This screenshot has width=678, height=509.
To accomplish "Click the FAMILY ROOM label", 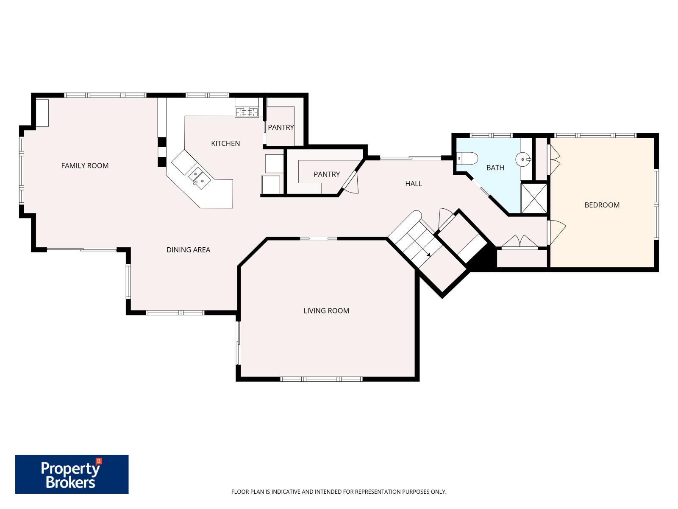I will [x=85, y=166].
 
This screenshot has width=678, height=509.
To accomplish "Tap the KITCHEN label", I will [x=225, y=143].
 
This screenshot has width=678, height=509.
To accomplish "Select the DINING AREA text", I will [x=188, y=250].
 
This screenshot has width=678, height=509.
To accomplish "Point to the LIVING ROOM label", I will [x=326, y=310].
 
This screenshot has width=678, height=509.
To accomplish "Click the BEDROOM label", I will [x=602, y=205].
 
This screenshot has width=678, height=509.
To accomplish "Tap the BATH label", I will [x=495, y=168].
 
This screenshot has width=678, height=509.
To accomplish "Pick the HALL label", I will [x=414, y=184].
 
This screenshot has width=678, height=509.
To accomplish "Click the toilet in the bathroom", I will [x=468, y=158].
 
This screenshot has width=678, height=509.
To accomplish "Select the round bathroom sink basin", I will [x=523, y=160].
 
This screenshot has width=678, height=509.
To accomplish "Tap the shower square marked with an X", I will [x=534, y=198].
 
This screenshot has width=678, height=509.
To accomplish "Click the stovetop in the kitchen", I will [x=247, y=112].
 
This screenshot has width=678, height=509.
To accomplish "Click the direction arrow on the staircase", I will [x=428, y=255].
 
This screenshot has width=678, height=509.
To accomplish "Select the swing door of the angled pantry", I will [x=351, y=183].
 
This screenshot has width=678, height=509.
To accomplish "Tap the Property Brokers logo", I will [x=72, y=474].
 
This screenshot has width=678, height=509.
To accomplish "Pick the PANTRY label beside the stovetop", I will [x=281, y=127].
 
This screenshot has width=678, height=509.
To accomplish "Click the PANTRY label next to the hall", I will [x=327, y=174].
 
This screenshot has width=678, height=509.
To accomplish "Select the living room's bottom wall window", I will [x=321, y=379].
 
